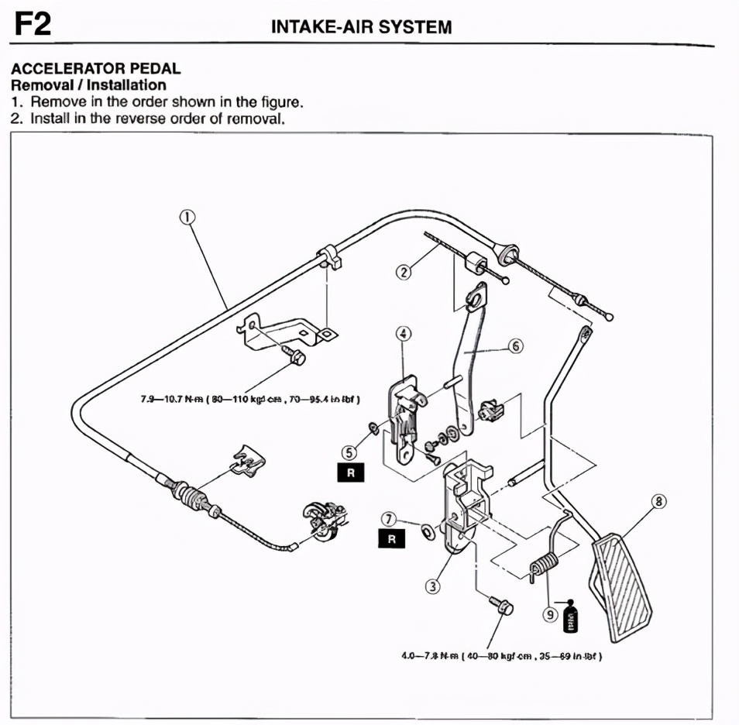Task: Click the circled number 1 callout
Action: point(187,218)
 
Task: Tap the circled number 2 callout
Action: point(403,272)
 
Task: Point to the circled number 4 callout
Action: point(404,334)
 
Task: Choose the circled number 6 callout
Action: point(517,348)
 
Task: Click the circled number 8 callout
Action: point(658,502)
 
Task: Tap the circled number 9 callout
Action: point(550,614)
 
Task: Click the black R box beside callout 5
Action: point(350,474)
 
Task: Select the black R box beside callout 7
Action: point(391,539)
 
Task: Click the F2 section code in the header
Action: point(33,25)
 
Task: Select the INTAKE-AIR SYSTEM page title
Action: point(361,27)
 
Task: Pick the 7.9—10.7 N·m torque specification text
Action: point(252,398)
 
